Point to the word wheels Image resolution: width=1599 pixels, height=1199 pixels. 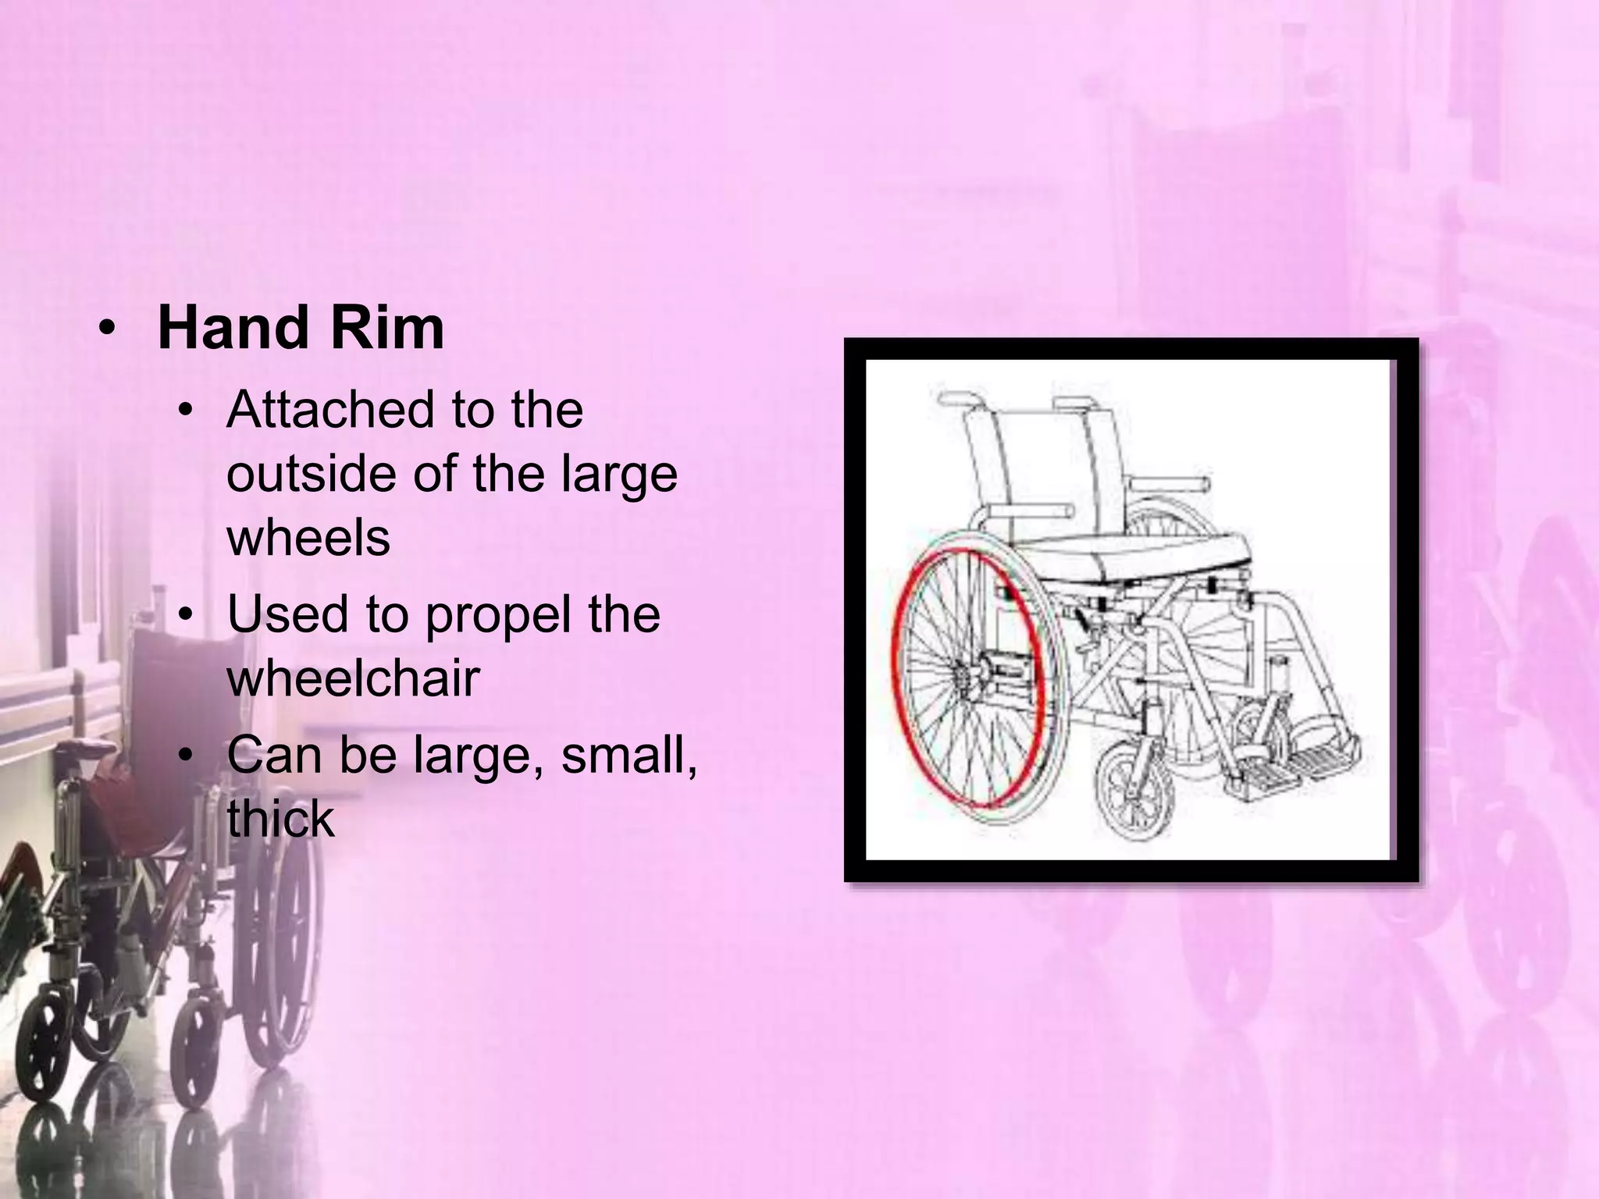308,538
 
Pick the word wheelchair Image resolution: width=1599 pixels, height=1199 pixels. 353,678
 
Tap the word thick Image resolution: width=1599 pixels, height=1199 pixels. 280,819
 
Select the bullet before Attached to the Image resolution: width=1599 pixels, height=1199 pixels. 184,411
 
